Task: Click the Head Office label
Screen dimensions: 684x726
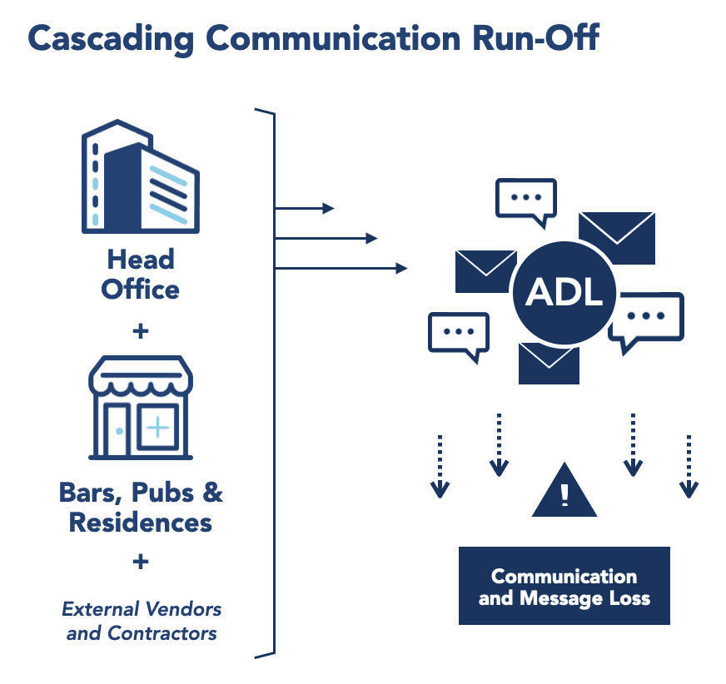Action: tap(140, 275)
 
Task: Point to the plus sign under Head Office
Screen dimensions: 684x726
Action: tap(141, 331)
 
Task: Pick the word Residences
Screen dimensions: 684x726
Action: tap(140, 523)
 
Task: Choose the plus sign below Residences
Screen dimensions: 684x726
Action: tap(141, 562)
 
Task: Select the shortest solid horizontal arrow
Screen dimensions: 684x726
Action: tap(304, 208)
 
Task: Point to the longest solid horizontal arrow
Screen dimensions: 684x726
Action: tap(341, 268)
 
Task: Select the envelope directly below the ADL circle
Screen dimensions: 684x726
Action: tap(549, 363)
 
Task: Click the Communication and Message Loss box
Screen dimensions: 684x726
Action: tap(564, 586)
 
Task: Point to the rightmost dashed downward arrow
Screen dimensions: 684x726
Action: tap(688, 466)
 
